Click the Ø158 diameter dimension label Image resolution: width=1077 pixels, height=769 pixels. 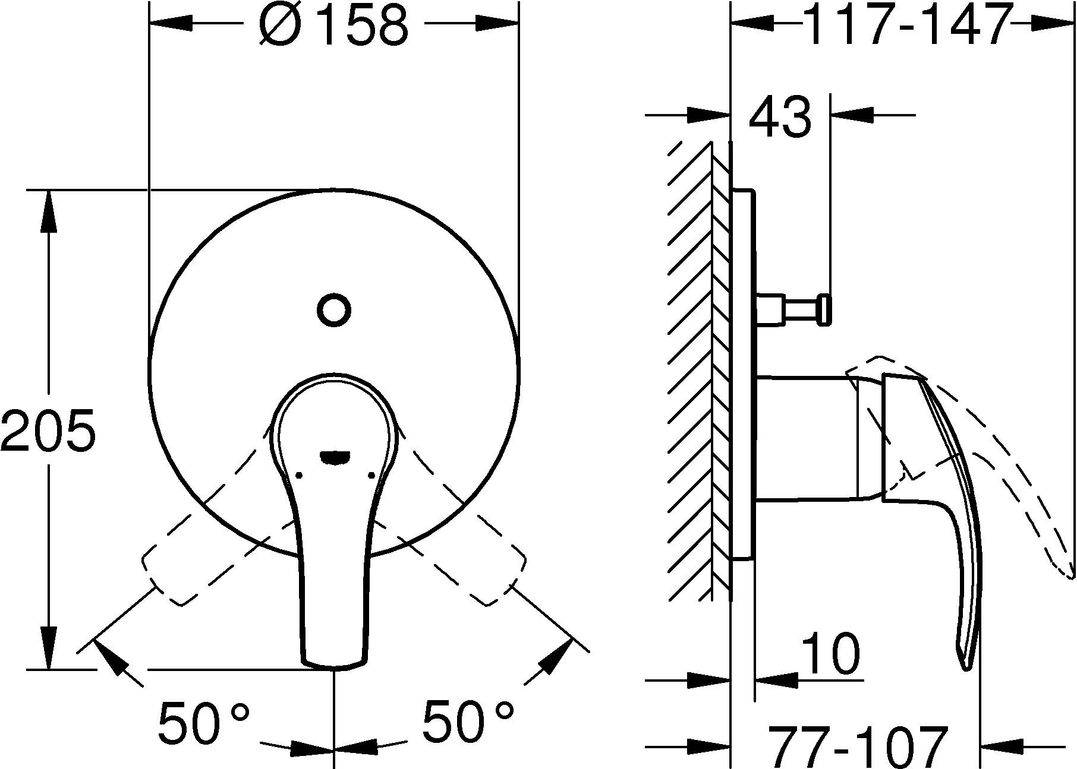[334, 26]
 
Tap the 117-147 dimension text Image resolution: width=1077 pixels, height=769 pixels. [908, 25]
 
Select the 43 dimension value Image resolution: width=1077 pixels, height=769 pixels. [779, 116]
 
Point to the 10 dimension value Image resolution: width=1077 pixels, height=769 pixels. [830, 653]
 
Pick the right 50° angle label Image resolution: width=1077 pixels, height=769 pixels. [468, 722]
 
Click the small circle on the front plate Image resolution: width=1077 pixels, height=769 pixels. [334, 309]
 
